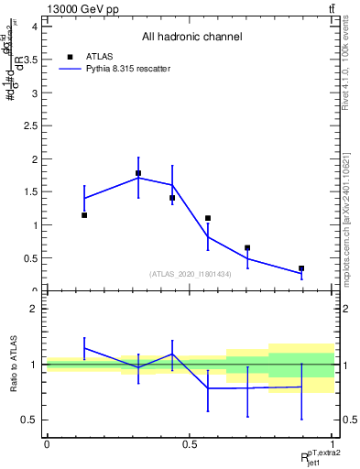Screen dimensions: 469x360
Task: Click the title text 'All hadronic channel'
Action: click(x=191, y=38)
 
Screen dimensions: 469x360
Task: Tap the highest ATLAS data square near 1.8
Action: click(x=138, y=173)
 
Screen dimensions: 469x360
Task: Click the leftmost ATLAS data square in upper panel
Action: click(x=84, y=215)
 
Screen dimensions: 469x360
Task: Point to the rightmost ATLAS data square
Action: click(x=301, y=268)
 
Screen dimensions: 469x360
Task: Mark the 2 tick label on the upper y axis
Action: click(x=34, y=159)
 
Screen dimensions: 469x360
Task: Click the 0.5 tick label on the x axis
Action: click(x=190, y=443)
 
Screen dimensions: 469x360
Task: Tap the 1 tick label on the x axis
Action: click(x=333, y=443)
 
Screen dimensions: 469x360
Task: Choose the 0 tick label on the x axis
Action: click(x=47, y=443)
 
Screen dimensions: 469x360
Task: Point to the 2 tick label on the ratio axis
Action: click(x=34, y=309)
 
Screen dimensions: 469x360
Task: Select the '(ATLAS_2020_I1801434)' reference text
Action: click(x=191, y=274)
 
